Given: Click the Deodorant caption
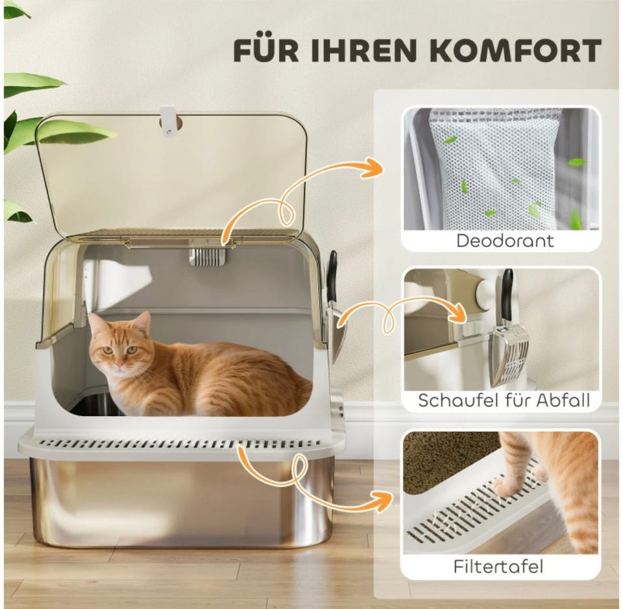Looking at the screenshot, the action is [x=505, y=241].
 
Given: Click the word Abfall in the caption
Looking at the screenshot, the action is [x=563, y=401].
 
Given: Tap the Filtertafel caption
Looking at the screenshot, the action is [x=498, y=566].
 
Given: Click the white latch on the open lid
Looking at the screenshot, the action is [x=167, y=121].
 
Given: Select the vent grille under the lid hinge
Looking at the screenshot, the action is [x=207, y=257].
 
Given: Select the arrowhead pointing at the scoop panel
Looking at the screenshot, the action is [x=458, y=313].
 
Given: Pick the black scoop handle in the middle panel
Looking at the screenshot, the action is [x=507, y=295].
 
